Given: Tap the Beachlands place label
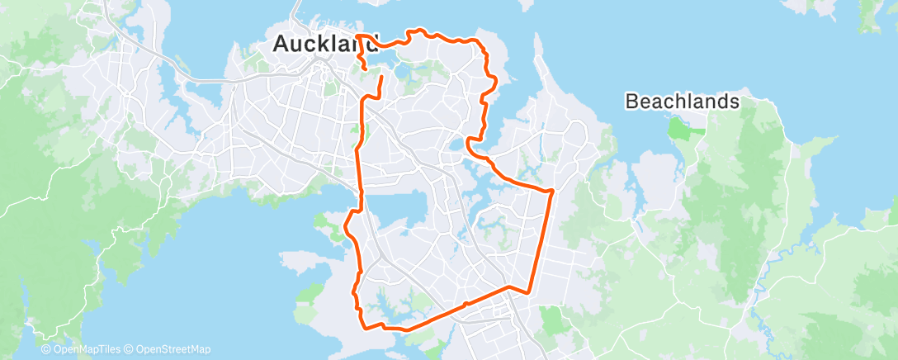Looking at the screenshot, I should point(682,102).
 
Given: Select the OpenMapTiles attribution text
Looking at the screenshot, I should point(84,349).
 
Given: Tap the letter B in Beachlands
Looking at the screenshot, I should point(632,102).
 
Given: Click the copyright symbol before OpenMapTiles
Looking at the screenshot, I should point(46,349).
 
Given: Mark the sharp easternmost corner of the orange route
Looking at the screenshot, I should point(551,190).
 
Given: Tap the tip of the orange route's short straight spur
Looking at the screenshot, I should point(381,76).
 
